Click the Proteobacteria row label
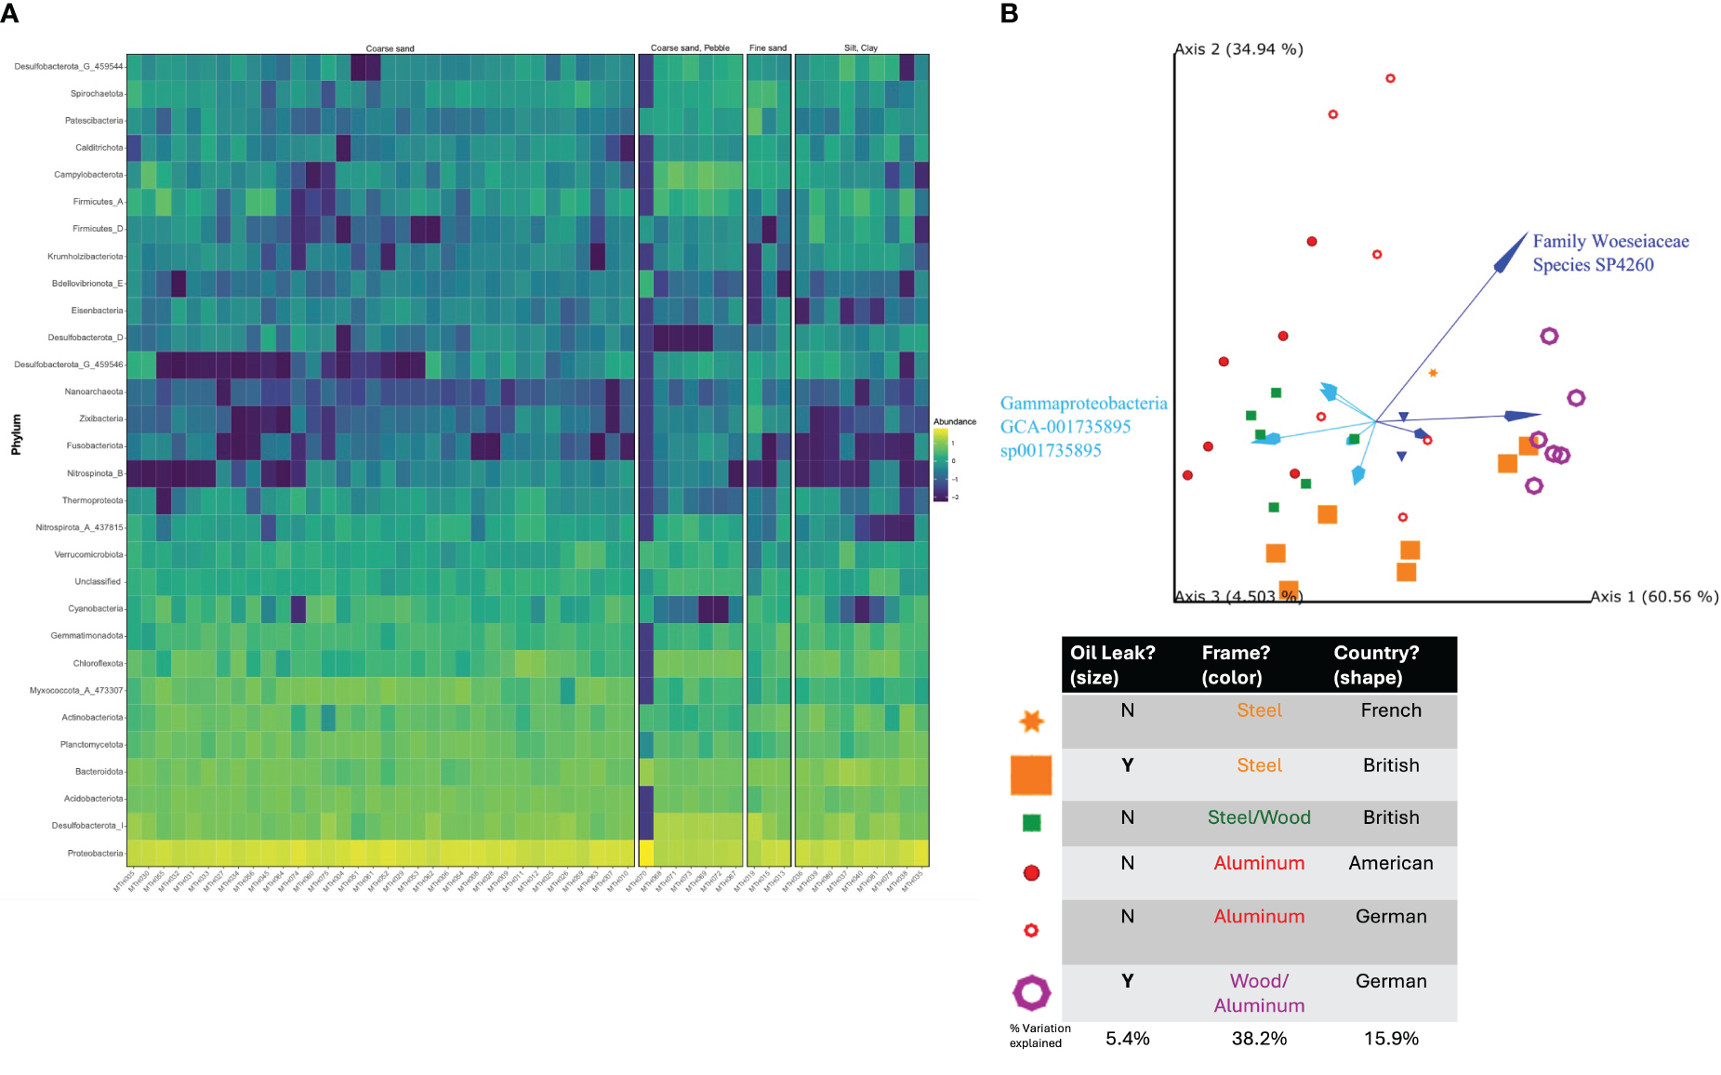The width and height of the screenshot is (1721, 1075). pyautogui.click(x=95, y=853)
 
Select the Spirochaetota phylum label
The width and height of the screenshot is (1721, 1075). pyautogui.click(x=97, y=93)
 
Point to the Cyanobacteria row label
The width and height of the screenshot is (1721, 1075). pyautogui.click(x=96, y=608)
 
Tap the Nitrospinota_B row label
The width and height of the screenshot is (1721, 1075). pyautogui.click(x=95, y=473)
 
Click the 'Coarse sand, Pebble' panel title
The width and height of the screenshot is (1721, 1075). pyautogui.click(x=690, y=47)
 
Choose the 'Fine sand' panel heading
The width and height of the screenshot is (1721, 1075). pyautogui.click(x=768, y=47)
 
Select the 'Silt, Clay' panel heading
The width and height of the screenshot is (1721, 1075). pyautogui.click(x=861, y=47)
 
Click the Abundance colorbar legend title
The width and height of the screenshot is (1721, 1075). pyautogui.click(x=955, y=421)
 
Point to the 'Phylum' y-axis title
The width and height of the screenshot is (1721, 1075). pyautogui.click(x=16, y=434)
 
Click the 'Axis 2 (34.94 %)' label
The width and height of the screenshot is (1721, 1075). pyautogui.click(x=1238, y=49)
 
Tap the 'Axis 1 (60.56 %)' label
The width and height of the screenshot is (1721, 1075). pyautogui.click(x=1654, y=597)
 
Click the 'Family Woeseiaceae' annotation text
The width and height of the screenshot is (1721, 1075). pyautogui.click(x=1610, y=242)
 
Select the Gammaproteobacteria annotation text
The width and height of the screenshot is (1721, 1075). pyautogui.click(x=1083, y=404)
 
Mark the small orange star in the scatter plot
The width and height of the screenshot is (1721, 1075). pyautogui.click(x=1433, y=373)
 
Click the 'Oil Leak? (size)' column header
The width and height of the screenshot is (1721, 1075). pyautogui.click(x=1113, y=665)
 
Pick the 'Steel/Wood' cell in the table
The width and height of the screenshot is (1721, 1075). pyautogui.click(x=1259, y=817)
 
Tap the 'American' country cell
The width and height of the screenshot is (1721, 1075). pyautogui.click(x=1391, y=863)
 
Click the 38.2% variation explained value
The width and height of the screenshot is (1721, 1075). pyautogui.click(x=1259, y=1039)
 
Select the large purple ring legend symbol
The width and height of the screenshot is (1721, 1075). pyautogui.click(x=1031, y=992)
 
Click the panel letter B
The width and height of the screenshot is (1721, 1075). pyautogui.click(x=1009, y=14)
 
